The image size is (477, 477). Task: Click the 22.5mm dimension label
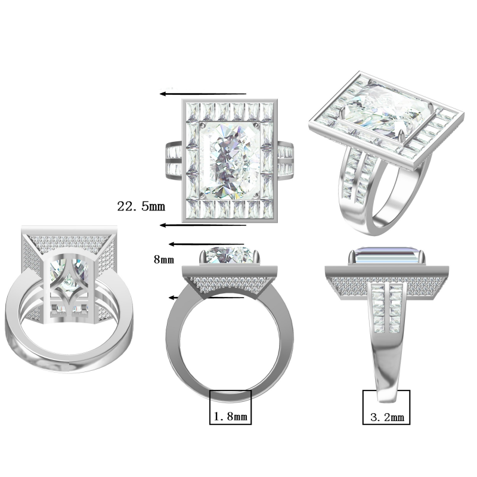[141, 206]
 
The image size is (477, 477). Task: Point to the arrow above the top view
[203, 94]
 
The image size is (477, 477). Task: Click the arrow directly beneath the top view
[203, 225]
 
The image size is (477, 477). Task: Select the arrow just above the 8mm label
[206, 244]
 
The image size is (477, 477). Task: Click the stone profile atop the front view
[231, 255]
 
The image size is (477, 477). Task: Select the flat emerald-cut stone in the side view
[386, 257]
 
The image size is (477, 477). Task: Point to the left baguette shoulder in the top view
[171, 160]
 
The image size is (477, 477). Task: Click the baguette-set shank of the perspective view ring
[356, 179]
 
